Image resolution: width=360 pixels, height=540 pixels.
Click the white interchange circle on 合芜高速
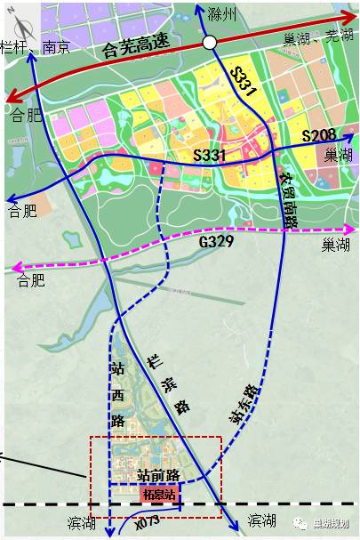pyautogui.click(x=210, y=42)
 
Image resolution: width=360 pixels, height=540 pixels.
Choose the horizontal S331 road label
pyautogui.click(x=212, y=156)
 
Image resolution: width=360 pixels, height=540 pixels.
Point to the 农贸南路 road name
pyautogui.click(x=290, y=198)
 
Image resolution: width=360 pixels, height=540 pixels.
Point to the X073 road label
pyautogui.click(x=148, y=521)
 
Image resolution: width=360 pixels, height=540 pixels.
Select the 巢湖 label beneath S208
pyautogui.click(x=338, y=156)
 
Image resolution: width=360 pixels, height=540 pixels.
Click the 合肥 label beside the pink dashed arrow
pyautogui.click(x=31, y=281)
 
